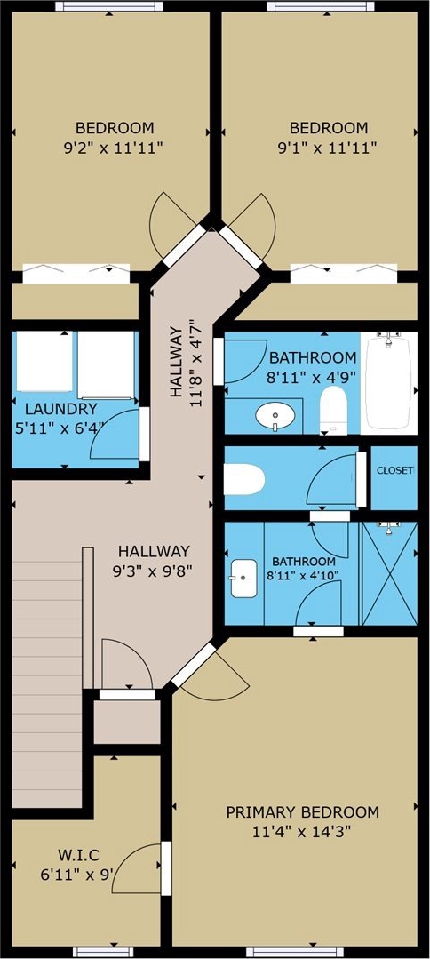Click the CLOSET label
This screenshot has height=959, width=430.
click(x=394, y=470)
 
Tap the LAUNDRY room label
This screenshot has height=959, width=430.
click(x=61, y=409)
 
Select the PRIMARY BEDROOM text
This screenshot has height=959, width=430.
click(x=303, y=812)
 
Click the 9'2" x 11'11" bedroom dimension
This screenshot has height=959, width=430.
click(x=115, y=148)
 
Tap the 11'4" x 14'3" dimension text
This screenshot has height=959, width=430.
click(x=303, y=832)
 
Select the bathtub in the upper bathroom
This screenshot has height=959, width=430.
click(x=389, y=382)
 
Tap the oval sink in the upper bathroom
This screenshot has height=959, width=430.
click(x=275, y=417)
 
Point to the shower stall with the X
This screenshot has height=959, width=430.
click(x=390, y=573)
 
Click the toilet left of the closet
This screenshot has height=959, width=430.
click(x=244, y=480)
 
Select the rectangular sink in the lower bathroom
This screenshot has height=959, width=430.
click(x=243, y=578)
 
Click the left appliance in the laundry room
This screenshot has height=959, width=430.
click(x=44, y=362)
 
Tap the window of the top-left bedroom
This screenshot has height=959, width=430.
click(x=109, y=7)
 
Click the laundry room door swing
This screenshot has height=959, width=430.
click(x=115, y=435)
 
